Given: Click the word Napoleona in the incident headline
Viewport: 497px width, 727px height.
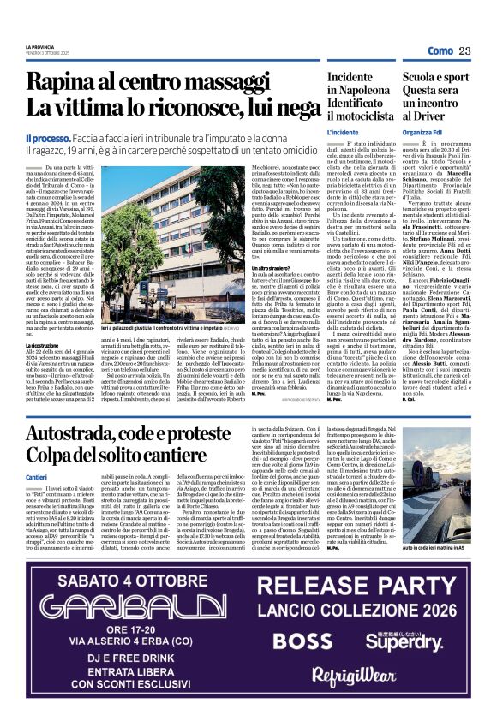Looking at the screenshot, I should [367, 92].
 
